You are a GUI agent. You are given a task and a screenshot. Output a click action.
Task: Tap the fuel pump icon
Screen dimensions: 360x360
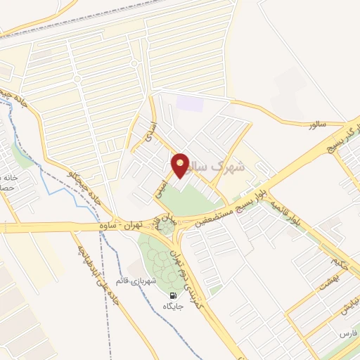[172, 295]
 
